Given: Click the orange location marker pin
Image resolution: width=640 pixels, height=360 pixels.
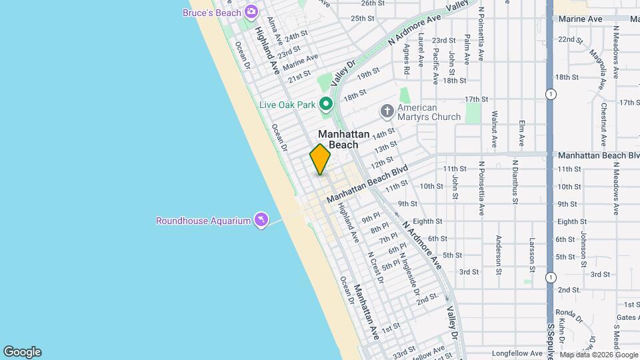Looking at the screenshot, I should [x=320, y=159].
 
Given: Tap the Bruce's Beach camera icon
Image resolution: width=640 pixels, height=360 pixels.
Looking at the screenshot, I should [x=251, y=11].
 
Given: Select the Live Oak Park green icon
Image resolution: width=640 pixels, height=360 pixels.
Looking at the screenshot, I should [x=325, y=103].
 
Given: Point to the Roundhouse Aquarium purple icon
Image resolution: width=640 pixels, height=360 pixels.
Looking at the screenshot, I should [x=261, y=220].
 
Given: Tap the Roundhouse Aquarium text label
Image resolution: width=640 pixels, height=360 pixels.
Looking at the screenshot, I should [x=203, y=221].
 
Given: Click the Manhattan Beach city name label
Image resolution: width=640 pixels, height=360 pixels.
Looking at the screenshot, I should [x=343, y=139].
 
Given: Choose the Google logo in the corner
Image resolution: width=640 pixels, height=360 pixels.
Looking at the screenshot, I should [x=22, y=351].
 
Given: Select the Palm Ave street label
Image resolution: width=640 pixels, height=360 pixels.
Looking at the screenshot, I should [x=467, y=50].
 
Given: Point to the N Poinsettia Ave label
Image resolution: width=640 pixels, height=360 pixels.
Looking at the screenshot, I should [x=481, y=187].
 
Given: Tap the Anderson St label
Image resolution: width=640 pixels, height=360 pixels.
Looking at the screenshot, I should [x=498, y=254].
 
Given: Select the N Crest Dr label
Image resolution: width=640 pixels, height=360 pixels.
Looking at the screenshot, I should [x=377, y=267].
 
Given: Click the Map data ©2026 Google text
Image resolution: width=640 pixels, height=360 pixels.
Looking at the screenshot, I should [x=599, y=355].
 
